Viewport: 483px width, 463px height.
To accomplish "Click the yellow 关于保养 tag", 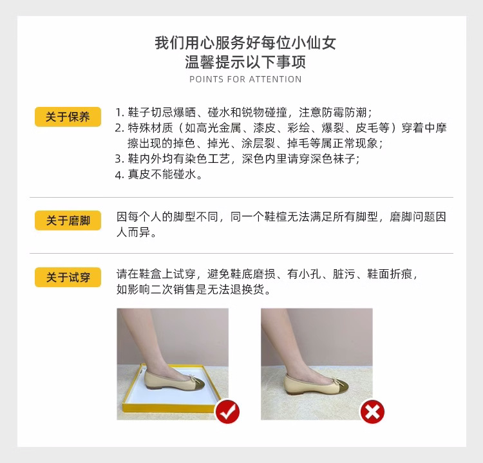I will pyautogui.click(x=68, y=117).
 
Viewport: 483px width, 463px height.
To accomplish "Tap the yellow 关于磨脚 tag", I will pyautogui.click(x=68, y=221).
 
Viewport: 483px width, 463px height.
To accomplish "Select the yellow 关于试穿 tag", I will pyautogui.click(x=68, y=278).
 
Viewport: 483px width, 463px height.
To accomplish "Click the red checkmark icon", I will pyautogui.click(x=227, y=410).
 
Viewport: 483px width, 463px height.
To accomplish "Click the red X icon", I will pyautogui.click(x=372, y=411).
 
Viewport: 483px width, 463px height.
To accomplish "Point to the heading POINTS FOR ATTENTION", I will pyautogui.click(x=245, y=79).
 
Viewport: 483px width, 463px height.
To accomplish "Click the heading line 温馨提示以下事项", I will pyautogui.click(x=245, y=62).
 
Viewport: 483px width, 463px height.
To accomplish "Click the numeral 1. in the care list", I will pyautogui.click(x=120, y=111).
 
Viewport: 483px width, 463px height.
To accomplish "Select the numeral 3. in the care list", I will pyautogui.click(x=120, y=158).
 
